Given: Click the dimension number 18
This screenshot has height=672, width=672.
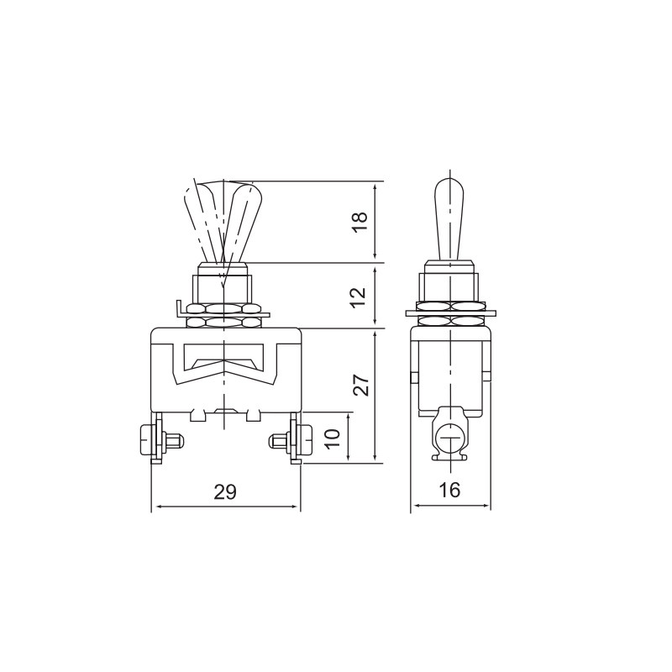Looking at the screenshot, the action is [x=361, y=222].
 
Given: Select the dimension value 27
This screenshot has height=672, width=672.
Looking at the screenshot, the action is [x=361, y=385].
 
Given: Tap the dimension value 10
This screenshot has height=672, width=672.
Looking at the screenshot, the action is [x=333, y=438].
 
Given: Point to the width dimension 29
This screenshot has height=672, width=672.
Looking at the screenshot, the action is [x=225, y=491].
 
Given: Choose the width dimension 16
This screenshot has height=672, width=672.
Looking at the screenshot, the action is [x=450, y=490].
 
